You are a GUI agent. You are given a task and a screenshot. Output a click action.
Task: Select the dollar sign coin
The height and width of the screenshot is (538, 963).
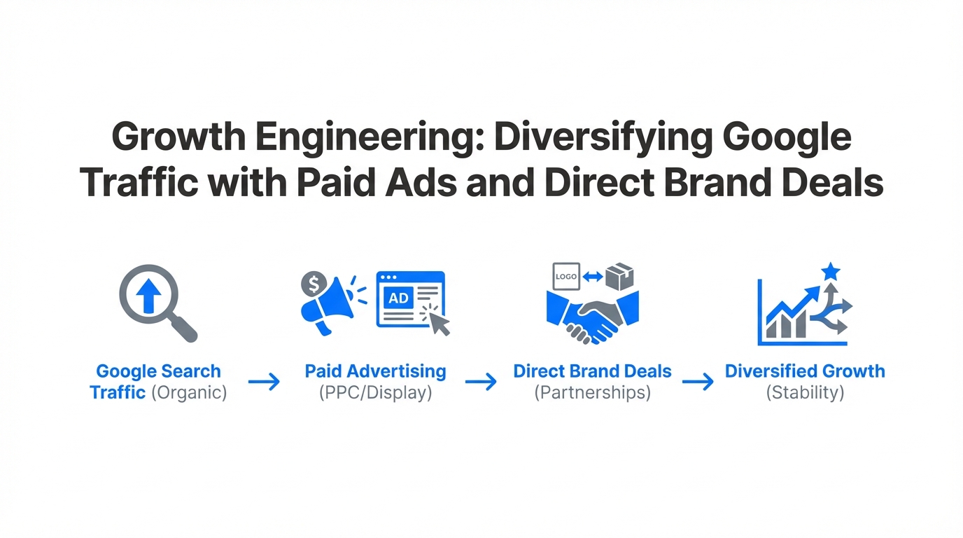(x=314, y=284)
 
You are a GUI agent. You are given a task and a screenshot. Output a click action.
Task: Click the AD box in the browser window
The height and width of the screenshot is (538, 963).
(x=398, y=298)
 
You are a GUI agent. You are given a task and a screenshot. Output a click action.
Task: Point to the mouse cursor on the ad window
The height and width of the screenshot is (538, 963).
(x=439, y=322)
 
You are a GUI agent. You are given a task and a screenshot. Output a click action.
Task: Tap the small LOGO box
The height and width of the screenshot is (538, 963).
(x=565, y=276)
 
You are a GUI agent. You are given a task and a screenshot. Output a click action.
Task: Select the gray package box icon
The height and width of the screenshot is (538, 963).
(x=619, y=276)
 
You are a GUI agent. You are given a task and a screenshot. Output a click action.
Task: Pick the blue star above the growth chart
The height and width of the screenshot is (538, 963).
(x=831, y=271)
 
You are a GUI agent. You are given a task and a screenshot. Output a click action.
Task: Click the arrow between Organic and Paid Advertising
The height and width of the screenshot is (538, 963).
(x=264, y=382)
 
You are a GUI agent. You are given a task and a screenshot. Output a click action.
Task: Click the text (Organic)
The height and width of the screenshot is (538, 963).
(x=189, y=392)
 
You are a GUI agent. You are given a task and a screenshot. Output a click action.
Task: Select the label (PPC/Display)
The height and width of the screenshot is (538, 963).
(x=375, y=392)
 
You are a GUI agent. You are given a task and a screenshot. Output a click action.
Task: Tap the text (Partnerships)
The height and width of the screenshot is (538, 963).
(x=592, y=392)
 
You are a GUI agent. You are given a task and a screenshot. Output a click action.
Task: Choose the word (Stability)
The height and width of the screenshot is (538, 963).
(x=805, y=392)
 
